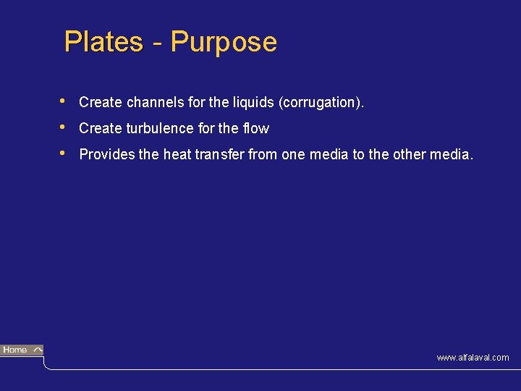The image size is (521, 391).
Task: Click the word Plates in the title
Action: pyautogui.click(x=103, y=42)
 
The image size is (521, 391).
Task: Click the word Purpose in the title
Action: pyautogui.click(x=224, y=42)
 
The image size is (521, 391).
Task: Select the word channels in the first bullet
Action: pyautogui.click(x=153, y=103)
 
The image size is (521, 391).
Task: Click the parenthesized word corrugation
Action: pyautogui.click(x=321, y=103)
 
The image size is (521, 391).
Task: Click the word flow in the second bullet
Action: pyautogui.click(x=255, y=129)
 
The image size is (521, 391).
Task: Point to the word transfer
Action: pyautogui.click(x=220, y=154)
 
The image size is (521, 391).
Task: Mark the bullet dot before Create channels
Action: pyautogui.click(x=64, y=101)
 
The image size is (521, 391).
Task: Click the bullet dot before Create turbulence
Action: pyautogui.click(x=64, y=127)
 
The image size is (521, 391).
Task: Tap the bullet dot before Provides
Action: pyautogui.click(x=64, y=153)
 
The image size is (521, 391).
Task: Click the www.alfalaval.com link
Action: pyautogui.click(x=473, y=358)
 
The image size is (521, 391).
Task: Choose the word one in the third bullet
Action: pyautogui.click(x=294, y=154)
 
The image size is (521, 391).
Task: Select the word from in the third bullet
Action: pyautogui.click(x=262, y=154)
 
